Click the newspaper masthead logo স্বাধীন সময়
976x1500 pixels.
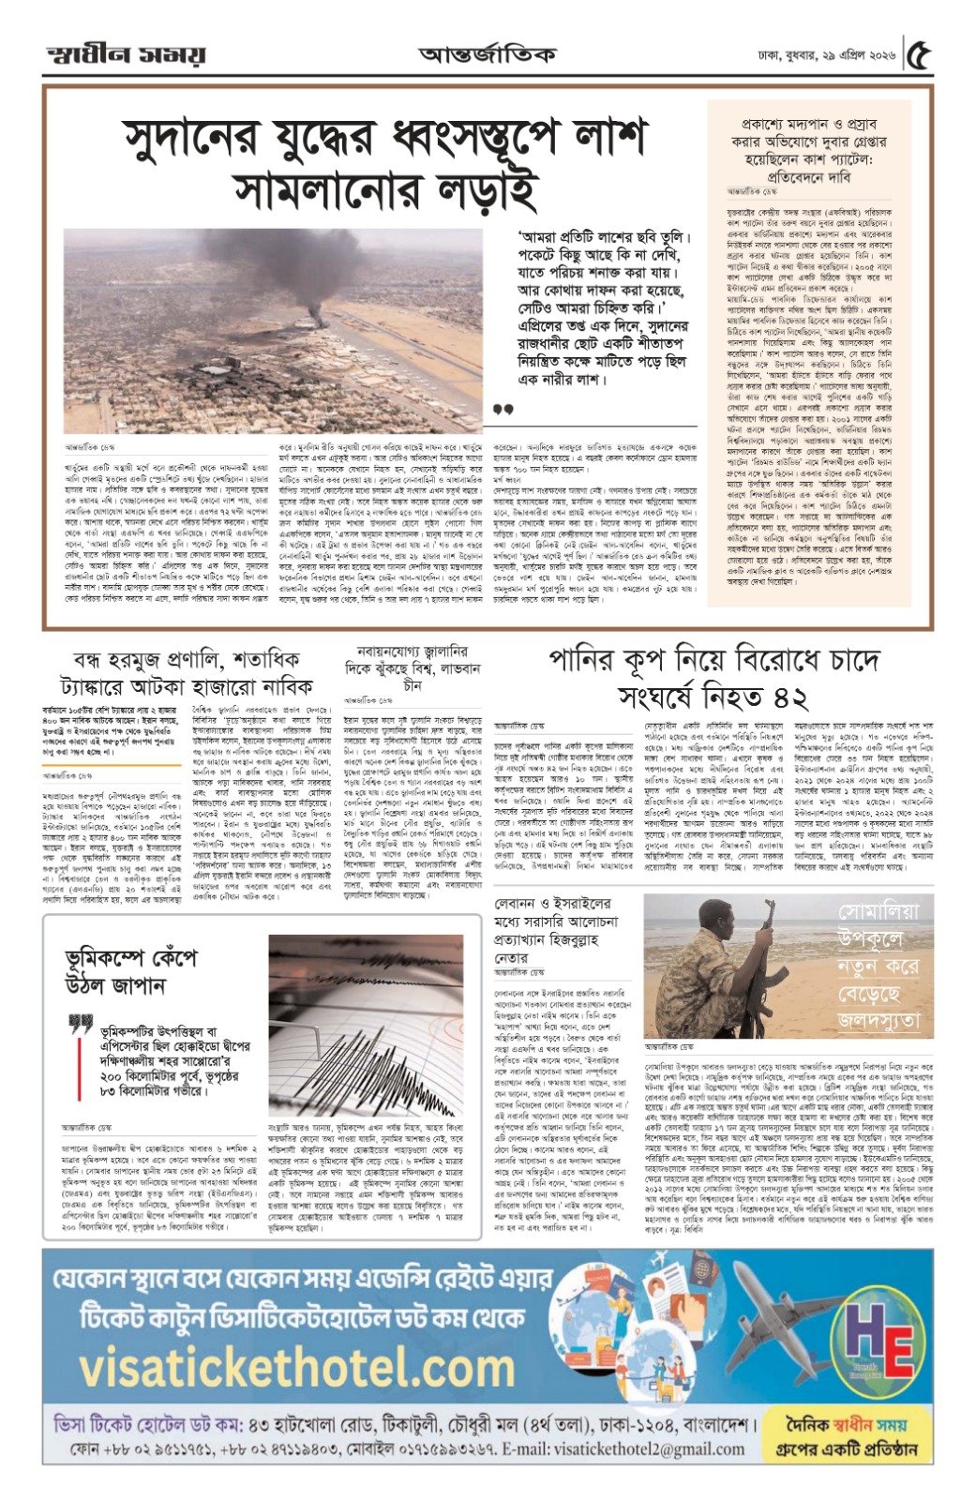126,53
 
